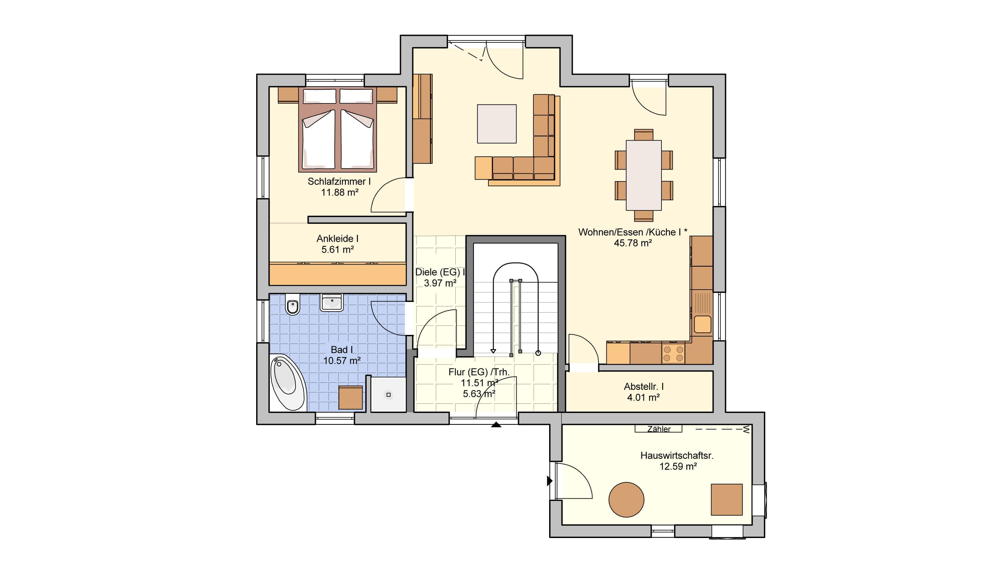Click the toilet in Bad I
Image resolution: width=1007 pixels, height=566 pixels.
pos(292,304)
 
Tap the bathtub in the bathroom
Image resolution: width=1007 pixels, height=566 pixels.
pos(287,382)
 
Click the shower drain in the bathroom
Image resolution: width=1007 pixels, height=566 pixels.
pos(388,395)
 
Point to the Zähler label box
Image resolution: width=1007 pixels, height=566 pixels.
pos(658,429)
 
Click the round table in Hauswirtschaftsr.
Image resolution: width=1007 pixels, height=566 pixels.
pos(626,500)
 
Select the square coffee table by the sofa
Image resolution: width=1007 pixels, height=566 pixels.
pos(497,124)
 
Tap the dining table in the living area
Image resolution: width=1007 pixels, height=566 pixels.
pos(644,175)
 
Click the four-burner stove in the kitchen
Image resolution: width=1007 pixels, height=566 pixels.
pos(673,353)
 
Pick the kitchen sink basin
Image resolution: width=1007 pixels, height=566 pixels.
pos(702,324)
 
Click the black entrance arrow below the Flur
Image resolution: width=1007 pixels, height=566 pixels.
pos(496,425)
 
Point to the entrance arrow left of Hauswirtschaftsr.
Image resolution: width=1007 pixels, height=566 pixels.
pos(549,481)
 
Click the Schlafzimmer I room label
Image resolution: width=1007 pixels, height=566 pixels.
pos(339,181)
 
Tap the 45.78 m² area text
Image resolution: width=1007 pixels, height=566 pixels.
pos(633,243)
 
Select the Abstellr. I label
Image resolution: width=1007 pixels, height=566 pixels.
pos(644,386)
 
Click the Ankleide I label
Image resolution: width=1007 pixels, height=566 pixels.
pos(337,238)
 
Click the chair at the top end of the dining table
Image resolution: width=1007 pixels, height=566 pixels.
pos(644,135)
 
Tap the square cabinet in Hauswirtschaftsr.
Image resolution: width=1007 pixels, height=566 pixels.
pos(726,500)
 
